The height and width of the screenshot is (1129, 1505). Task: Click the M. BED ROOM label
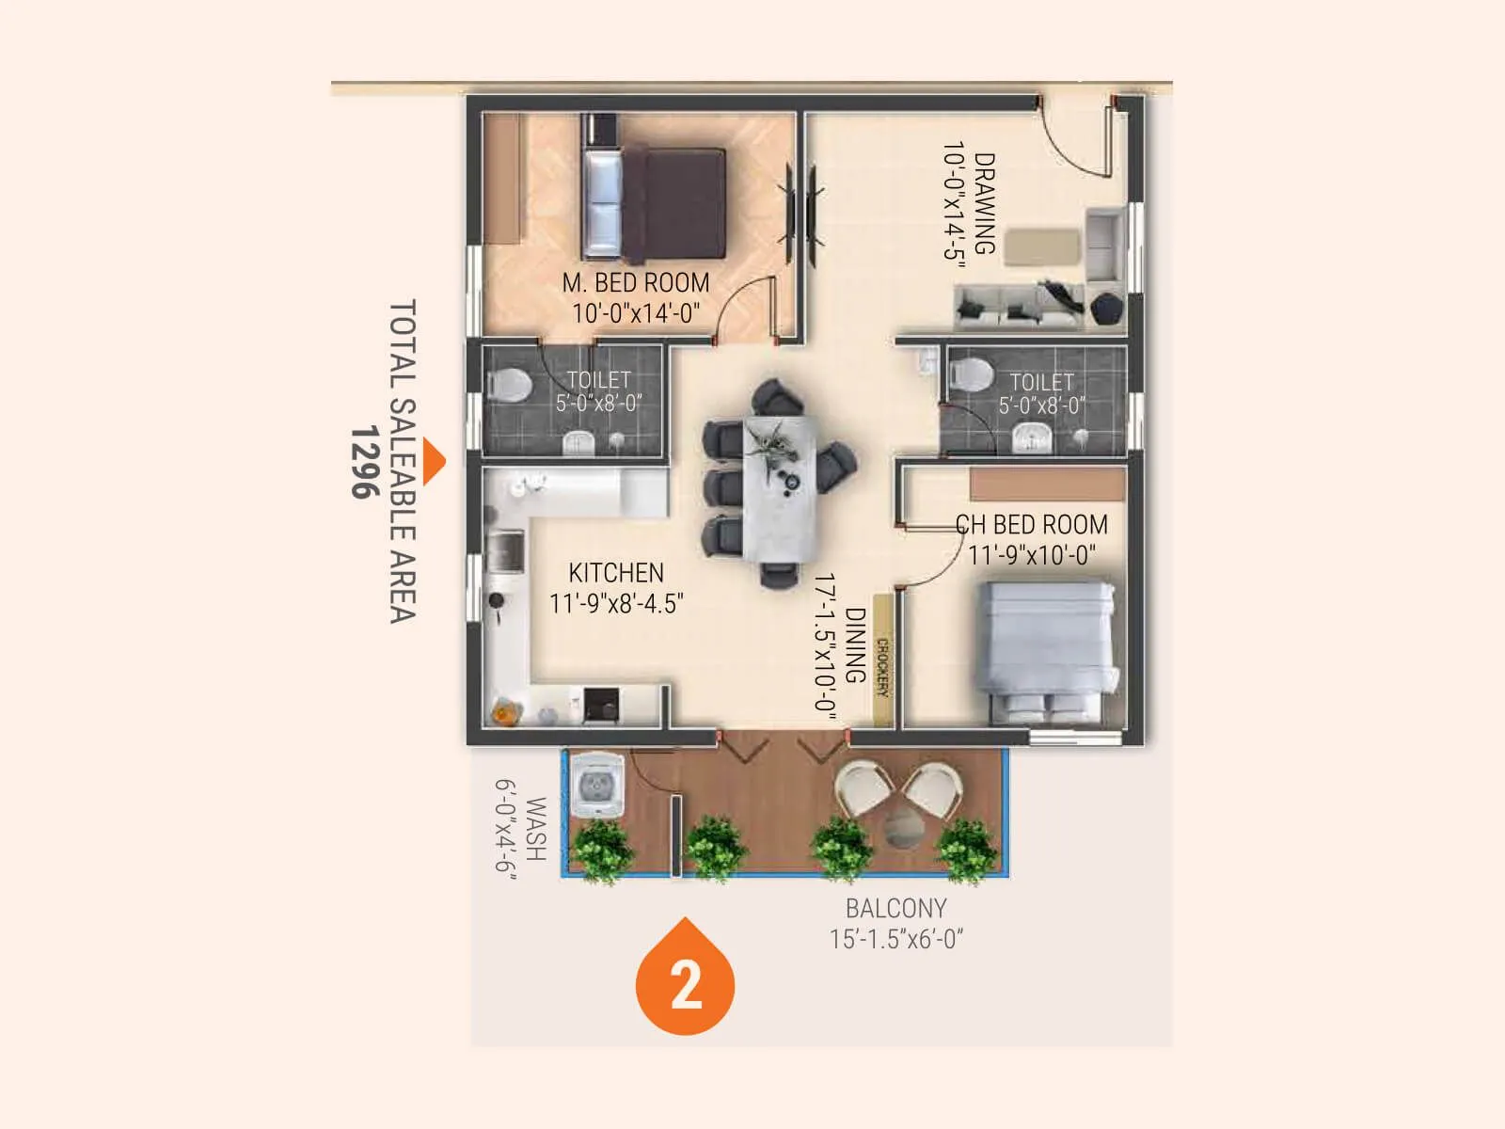pyautogui.click(x=636, y=283)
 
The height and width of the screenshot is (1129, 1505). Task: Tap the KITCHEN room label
pyautogui.click(x=616, y=573)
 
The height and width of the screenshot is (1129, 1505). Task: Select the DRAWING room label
pyautogui.click(x=984, y=204)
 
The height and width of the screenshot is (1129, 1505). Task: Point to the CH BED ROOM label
pyautogui.click(x=1032, y=525)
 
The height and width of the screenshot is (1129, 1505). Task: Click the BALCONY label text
pyautogui.click(x=895, y=909)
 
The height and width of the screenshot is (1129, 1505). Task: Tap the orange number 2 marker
pyautogui.click(x=686, y=984)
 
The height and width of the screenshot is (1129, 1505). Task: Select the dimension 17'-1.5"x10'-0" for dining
pyautogui.click(x=825, y=647)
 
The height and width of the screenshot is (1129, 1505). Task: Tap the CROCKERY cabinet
pyautogui.click(x=882, y=660)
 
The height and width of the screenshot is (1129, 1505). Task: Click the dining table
pyautogui.click(x=780, y=489)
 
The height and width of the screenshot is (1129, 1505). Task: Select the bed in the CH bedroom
pyautogui.click(x=1048, y=649)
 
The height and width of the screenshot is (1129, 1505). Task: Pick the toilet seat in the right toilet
pyautogui.click(x=970, y=375)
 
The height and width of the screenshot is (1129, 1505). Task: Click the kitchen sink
pyautogui.click(x=506, y=551)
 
